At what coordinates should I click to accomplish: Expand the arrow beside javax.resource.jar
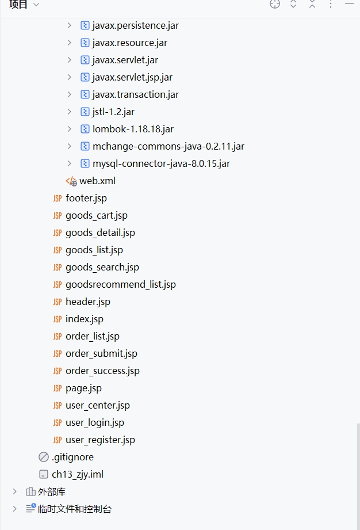coord(69,43)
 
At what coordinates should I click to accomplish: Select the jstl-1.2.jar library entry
coord(113,112)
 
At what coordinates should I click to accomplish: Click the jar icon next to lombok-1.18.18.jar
coord(85,129)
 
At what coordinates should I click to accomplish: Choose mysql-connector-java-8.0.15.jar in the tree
coord(161,163)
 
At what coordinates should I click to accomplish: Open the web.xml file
coord(97,181)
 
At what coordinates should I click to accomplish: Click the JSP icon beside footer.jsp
coord(57,198)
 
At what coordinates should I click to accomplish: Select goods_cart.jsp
coord(96,215)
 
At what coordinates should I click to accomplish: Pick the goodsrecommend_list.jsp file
coord(120,284)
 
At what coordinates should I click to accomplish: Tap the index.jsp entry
coord(84,319)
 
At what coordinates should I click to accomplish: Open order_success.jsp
coord(102,371)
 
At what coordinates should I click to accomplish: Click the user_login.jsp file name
coord(94,422)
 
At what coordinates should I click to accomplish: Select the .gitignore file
coord(72,457)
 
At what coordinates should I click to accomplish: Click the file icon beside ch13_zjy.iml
coord(44,474)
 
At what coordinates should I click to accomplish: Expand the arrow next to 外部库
coord(15,491)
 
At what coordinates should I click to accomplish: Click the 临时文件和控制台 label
coord(75,509)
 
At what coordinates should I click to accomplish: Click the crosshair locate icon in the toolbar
coord(275,5)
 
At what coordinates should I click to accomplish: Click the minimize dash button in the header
coord(350,5)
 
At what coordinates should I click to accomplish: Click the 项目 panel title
coord(18,5)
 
